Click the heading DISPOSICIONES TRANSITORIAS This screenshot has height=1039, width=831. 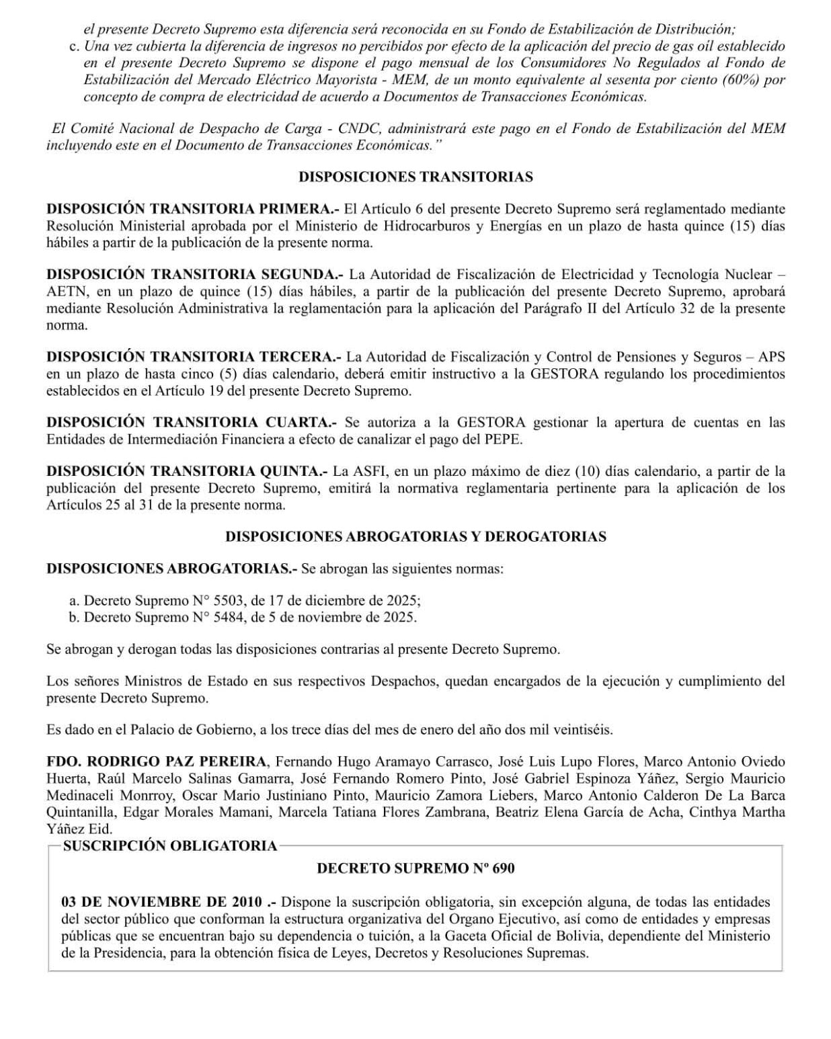click(x=415, y=177)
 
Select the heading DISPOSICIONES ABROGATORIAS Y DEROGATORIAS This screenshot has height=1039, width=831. click(x=415, y=536)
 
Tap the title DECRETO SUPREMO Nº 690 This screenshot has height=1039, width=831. click(x=415, y=868)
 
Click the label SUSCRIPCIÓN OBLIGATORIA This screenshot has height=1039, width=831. click(x=170, y=846)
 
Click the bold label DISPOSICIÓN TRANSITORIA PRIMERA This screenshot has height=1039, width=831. click(x=192, y=210)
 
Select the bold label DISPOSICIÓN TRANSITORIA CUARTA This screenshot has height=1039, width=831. click(x=190, y=423)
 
